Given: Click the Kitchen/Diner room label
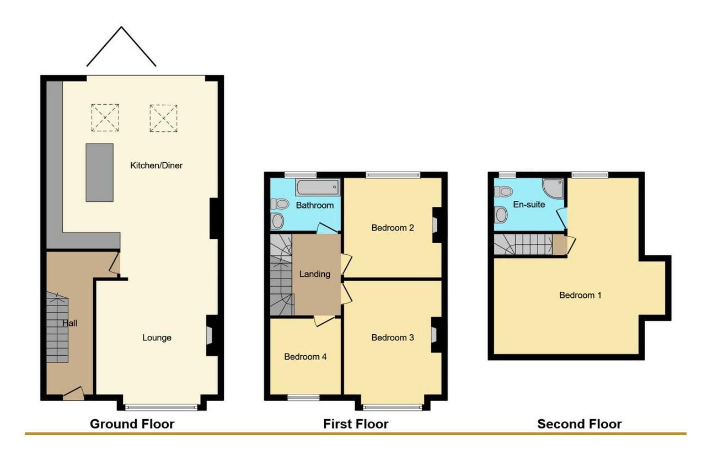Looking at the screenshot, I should point(156,165).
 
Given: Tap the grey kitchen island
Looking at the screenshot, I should point(99,173).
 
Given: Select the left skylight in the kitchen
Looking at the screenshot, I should point(105,117).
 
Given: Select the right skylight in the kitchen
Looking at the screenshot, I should point(163,118).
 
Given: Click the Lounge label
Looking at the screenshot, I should point(157,338).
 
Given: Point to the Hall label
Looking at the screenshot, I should point(70,323).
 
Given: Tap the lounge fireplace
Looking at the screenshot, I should point(210,335).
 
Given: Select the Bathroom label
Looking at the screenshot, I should point(314,205).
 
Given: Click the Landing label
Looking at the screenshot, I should point(314,274).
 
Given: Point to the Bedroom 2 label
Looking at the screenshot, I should point(392,227).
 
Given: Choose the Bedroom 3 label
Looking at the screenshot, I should point(392,338).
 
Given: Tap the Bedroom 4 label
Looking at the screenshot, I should point(305,356).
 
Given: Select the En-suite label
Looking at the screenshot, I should point(529,204).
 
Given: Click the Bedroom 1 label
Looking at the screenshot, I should point(580,295).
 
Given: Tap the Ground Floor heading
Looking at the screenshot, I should point(132,424).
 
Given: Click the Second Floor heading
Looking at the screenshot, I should point(579,424).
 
